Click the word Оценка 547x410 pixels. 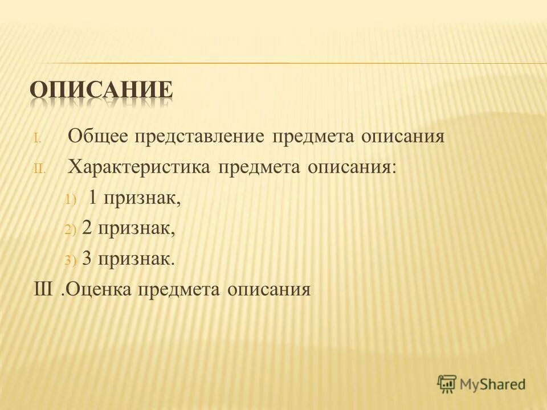tap(97, 289)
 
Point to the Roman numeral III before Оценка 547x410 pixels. tap(43, 289)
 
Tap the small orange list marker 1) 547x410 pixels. tap(70, 199)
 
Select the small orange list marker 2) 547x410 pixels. tap(70, 229)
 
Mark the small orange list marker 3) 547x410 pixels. tap(70, 260)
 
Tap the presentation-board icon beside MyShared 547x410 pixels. tap(447, 384)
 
